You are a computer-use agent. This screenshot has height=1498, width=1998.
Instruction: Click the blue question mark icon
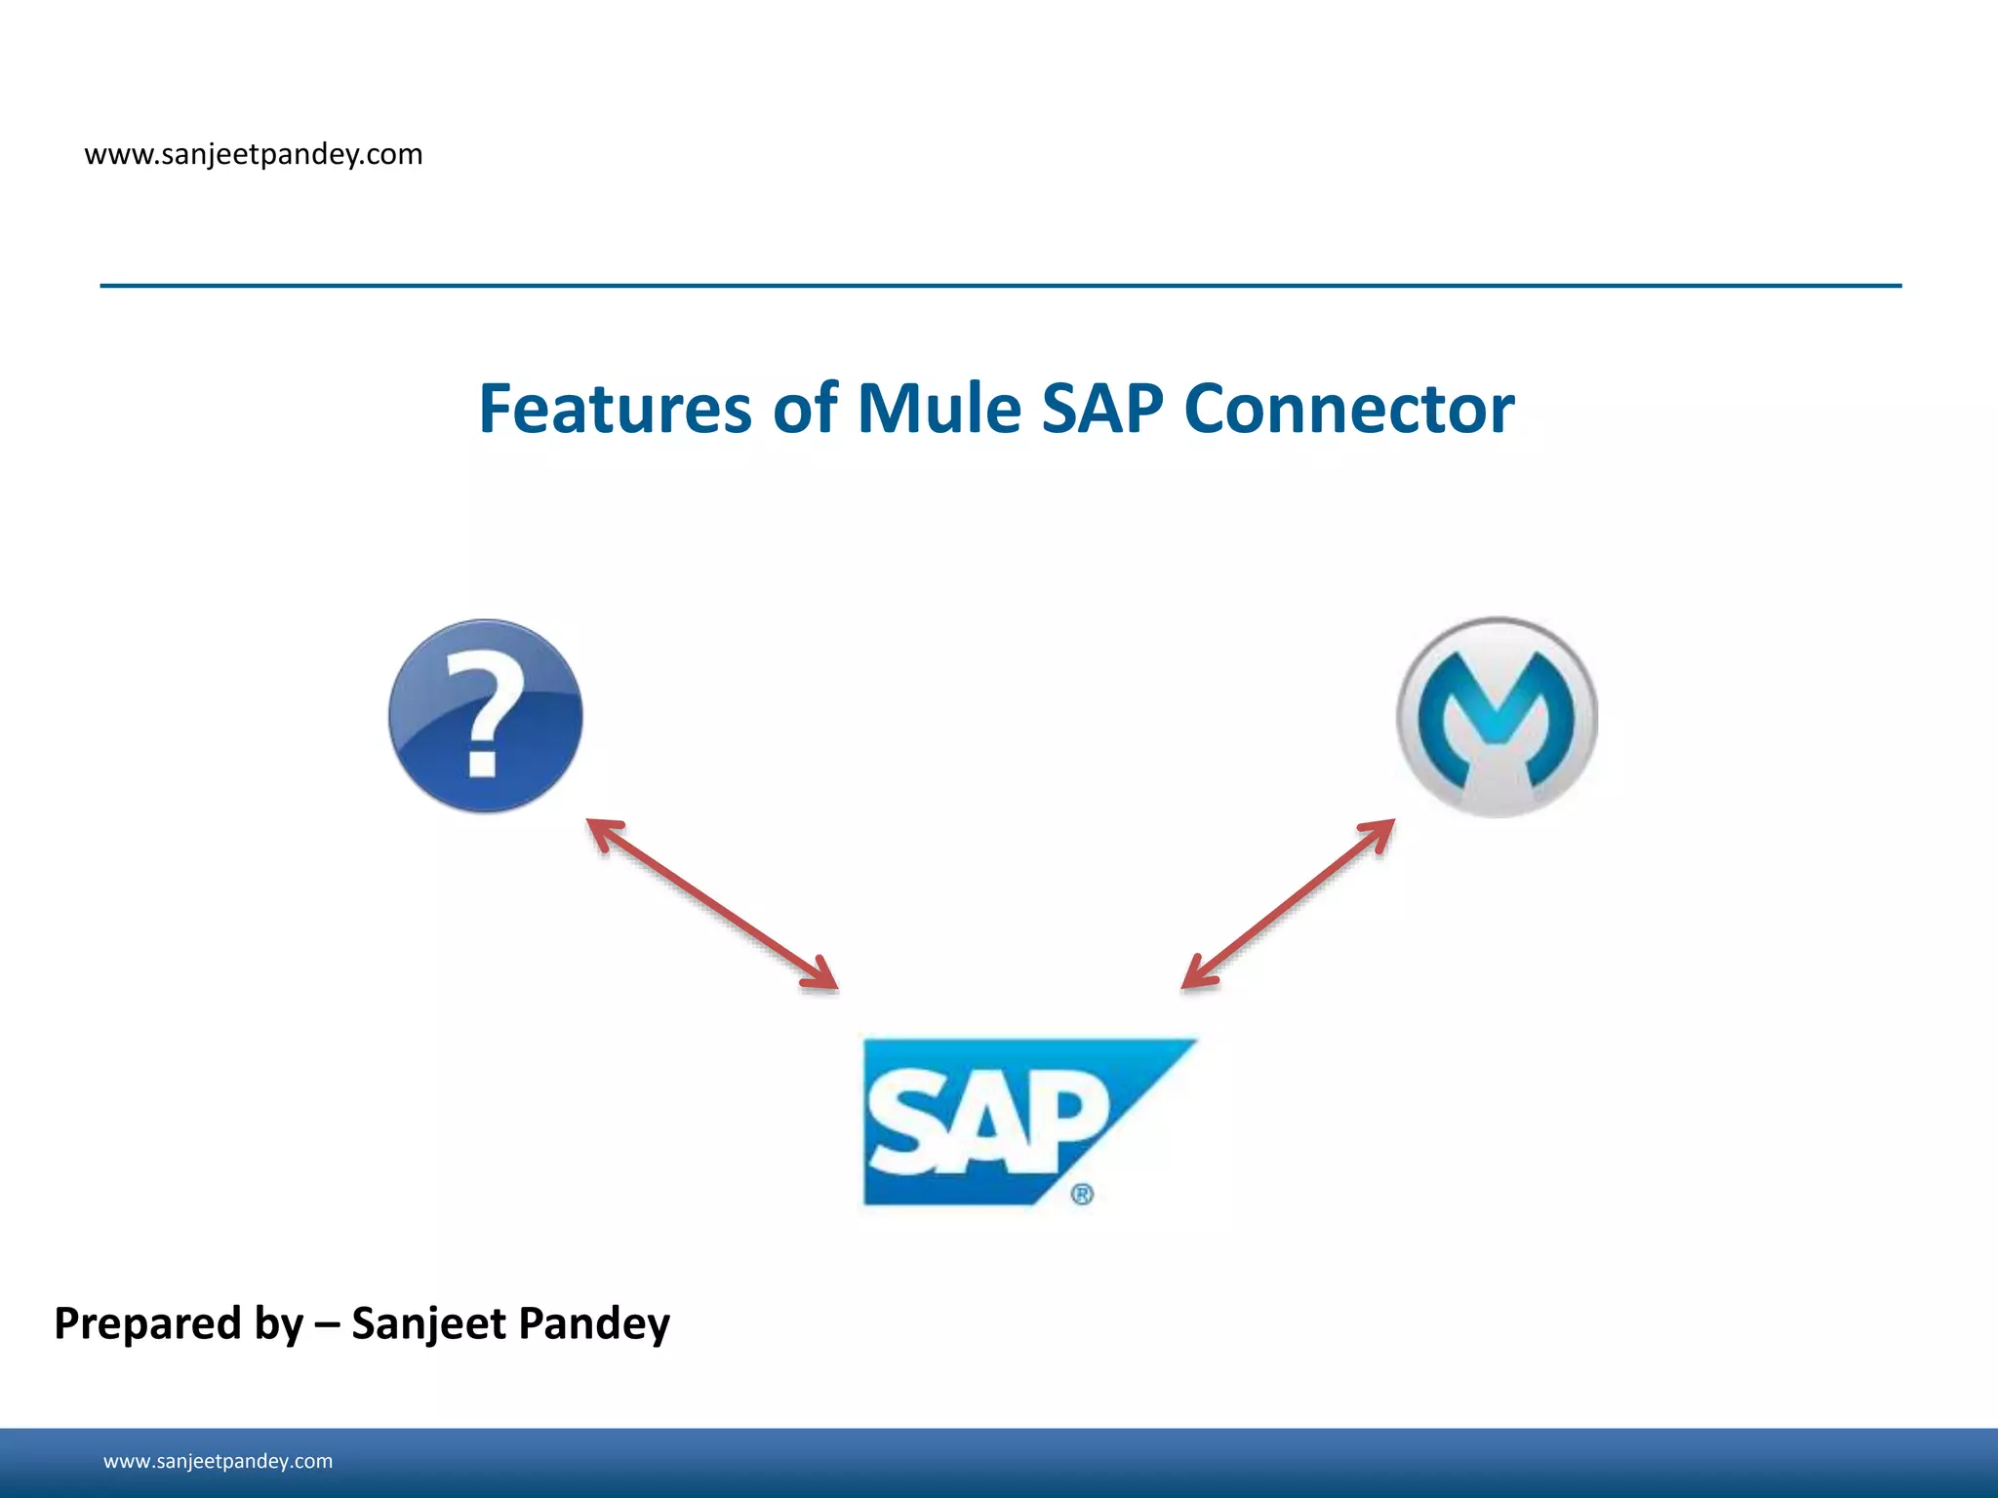(x=485, y=715)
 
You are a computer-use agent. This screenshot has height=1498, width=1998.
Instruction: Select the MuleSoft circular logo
(x=1496, y=717)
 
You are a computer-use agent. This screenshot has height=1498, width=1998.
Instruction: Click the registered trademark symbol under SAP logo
(x=1082, y=1195)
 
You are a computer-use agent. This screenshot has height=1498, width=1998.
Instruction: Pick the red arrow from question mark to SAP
(x=712, y=904)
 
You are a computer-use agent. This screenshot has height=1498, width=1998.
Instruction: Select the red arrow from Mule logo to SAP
(x=1288, y=904)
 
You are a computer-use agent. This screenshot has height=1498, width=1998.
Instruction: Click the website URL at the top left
(x=254, y=154)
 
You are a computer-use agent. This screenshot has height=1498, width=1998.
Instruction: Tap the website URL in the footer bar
(x=218, y=1461)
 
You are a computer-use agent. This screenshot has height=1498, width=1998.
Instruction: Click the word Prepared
(x=147, y=1324)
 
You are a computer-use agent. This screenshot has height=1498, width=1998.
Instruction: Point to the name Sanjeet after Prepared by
(x=428, y=1324)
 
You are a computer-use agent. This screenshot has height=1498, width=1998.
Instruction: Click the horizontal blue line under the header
(x=1000, y=286)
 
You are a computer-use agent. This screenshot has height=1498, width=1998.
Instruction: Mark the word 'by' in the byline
(x=278, y=1324)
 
